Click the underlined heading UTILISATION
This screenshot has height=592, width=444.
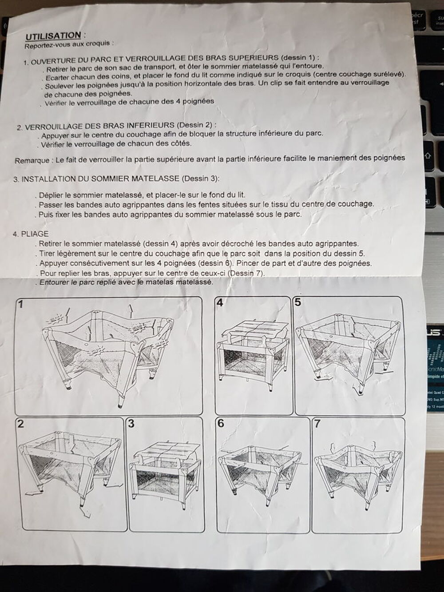[x=53, y=36]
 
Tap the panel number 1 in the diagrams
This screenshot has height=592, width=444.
[x=20, y=305]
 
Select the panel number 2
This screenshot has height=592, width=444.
[x=20, y=424]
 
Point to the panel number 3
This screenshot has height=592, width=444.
[x=131, y=424]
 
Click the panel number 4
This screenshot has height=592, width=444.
[x=220, y=303]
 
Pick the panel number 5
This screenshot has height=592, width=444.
[x=297, y=302]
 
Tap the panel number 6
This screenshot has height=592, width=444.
[x=221, y=424]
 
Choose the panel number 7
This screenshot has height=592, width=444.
[x=317, y=424]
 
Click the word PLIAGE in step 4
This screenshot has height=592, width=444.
[x=35, y=234]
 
